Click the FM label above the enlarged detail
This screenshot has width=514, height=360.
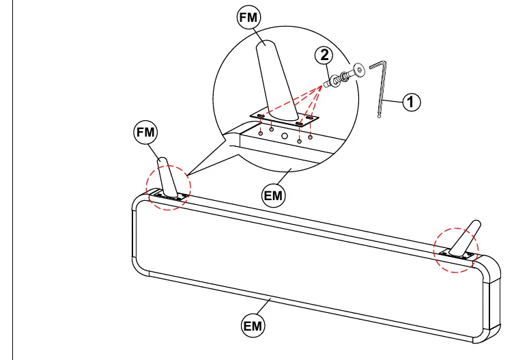click(248, 17)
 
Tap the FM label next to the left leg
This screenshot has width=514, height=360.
click(145, 133)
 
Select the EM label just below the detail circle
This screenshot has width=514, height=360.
click(273, 196)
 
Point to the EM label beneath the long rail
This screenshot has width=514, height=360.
click(253, 326)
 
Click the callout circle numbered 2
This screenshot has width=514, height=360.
click(324, 55)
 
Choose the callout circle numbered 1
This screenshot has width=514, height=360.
click(411, 102)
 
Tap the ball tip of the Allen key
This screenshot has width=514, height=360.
click(380, 116)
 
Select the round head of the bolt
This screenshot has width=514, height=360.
click(359, 70)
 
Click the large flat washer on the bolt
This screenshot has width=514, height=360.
click(335, 81)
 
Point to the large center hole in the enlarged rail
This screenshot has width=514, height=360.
click(285, 136)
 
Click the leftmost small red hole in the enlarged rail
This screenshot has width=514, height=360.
click(261, 133)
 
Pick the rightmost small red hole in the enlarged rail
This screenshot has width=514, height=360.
click(310, 137)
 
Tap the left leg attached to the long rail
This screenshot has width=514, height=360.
click(167, 178)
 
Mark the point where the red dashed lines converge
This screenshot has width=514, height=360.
click(323, 85)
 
